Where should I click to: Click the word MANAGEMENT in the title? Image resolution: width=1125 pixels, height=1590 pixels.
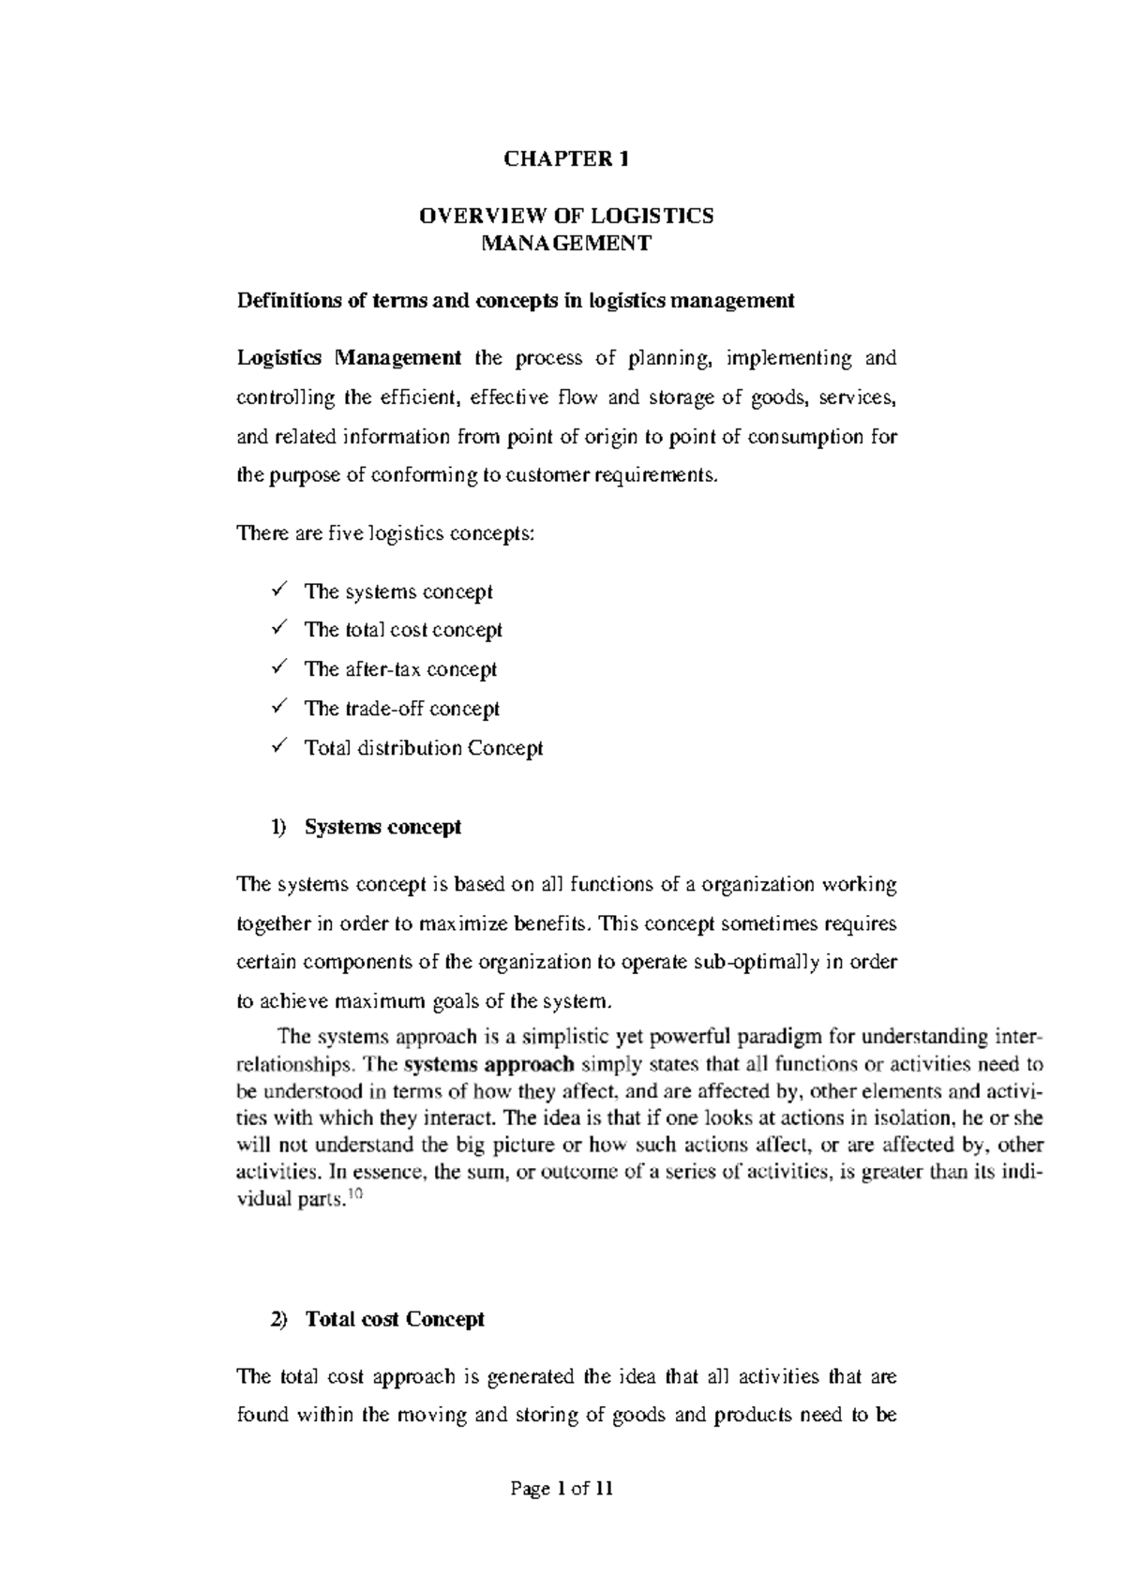[x=565, y=245]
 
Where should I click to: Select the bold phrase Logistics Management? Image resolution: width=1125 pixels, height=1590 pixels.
[x=349, y=358]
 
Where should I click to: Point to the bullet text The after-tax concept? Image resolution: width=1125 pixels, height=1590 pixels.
[x=400, y=669]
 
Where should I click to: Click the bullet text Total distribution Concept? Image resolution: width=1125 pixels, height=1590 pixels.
[x=424, y=748]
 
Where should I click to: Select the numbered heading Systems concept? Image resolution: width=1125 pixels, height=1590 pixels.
[x=382, y=827]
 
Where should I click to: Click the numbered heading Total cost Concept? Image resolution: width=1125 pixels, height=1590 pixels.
[x=395, y=1319]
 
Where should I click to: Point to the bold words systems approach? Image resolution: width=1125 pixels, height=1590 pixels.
[x=488, y=1064]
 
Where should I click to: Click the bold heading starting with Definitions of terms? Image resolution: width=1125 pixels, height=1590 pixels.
[x=516, y=301]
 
